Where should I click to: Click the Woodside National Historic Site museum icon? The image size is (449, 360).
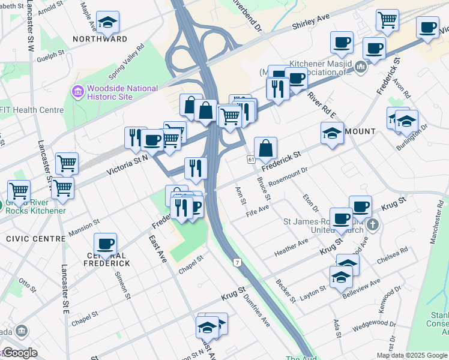(x=78, y=92)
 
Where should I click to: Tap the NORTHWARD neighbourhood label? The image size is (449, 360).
(x=100, y=39)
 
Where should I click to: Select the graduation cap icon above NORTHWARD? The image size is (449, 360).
(x=107, y=22)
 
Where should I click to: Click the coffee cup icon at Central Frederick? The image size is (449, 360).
(x=105, y=244)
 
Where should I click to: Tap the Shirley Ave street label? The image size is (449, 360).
(x=312, y=23)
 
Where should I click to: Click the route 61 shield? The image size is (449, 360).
(x=250, y=160)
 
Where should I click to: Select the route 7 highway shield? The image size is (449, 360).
(x=238, y=263)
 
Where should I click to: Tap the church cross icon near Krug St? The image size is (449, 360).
(x=372, y=226)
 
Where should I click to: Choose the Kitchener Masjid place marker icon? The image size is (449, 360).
(x=361, y=66)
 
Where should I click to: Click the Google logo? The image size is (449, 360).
(x=19, y=353)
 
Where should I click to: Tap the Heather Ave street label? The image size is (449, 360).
(x=291, y=245)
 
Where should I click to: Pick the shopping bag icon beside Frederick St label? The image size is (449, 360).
(x=265, y=148)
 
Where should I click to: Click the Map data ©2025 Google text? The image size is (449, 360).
(x=412, y=355)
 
